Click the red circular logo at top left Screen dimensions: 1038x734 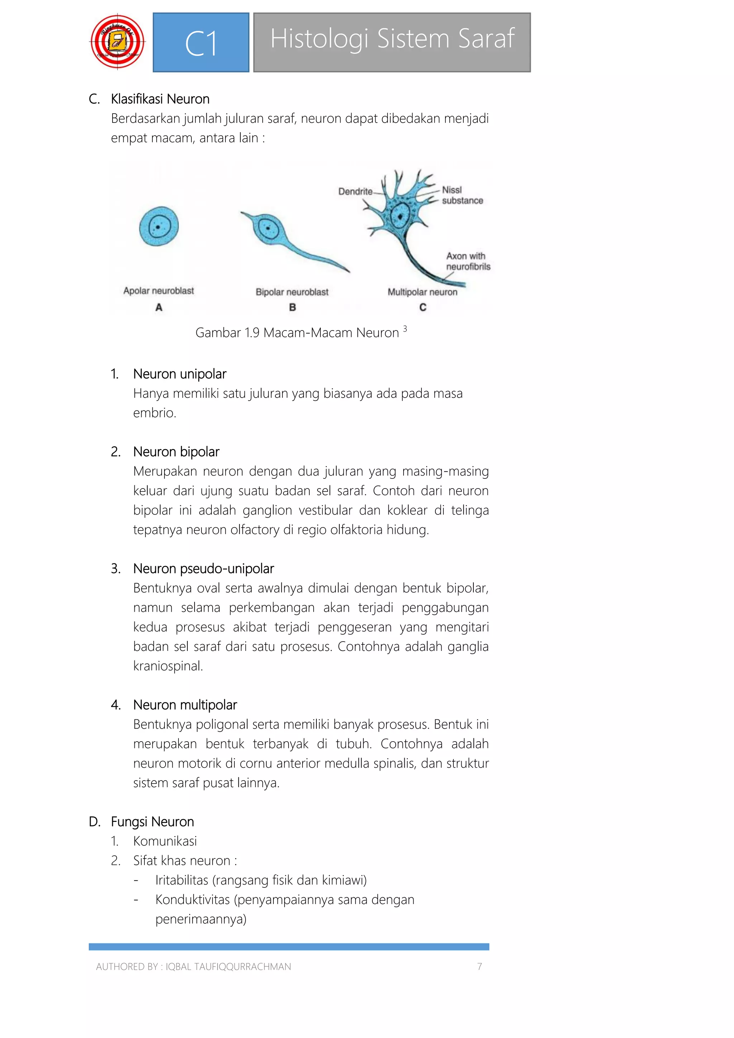pyautogui.click(x=118, y=42)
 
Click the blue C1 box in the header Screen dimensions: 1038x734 pyautogui.click(x=201, y=43)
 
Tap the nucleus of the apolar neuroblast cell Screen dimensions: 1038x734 pyautogui.click(x=158, y=226)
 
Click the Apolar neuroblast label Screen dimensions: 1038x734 pyautogui.click(x=159, y=291)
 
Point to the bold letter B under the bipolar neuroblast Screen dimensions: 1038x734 pyautogui.click(x=292, y=308)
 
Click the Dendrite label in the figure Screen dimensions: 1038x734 pyautogui.click(x=355, y=191)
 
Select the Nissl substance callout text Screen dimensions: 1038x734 pyautogui.click(x=462, y=195)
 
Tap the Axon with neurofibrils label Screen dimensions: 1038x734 pyautogui.click(x=468, y=261)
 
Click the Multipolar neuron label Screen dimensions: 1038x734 pyautogui.click(x=422, y=292)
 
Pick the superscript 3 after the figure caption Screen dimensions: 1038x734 pyautogui.click(x=405, y=329)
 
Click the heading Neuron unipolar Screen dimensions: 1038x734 pyautogui.click(x=180, y=374)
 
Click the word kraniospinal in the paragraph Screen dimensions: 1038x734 pyautogui.click(x=167, y=666)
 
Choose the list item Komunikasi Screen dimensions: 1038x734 pyautogui.click(x=165, y=841)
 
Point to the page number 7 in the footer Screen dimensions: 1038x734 pyautogui.click(x=480, y=967)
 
